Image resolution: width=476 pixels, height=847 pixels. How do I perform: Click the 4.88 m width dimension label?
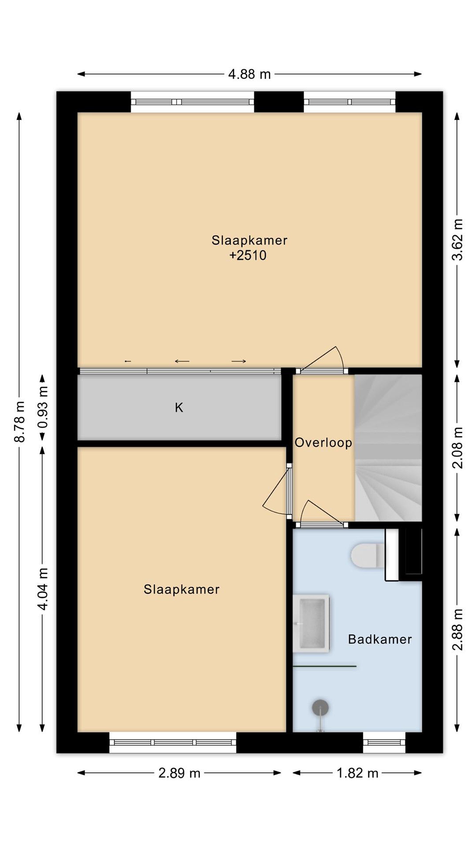click(249, 74)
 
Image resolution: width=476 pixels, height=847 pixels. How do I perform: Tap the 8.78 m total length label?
click(20, 421)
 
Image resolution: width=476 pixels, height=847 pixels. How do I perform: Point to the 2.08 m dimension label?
click(457, 448)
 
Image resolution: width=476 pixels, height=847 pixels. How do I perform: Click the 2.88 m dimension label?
click(457, 629)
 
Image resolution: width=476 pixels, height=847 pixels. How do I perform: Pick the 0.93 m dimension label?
click(43, 407)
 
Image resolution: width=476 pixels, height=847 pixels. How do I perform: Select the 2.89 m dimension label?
click(179, 773)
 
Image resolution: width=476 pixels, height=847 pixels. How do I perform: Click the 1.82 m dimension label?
click(357, 773)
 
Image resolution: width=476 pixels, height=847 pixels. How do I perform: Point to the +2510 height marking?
click(248, 256)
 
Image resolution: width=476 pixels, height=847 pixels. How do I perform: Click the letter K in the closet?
click(179, 408)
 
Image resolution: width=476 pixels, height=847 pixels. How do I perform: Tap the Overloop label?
click(323, 443)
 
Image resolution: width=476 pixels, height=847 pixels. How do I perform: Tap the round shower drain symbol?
click(320, 707)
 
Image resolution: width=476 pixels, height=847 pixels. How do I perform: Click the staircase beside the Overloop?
click(388, 448)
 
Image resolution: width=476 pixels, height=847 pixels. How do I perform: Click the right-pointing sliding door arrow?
click(239, 361)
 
